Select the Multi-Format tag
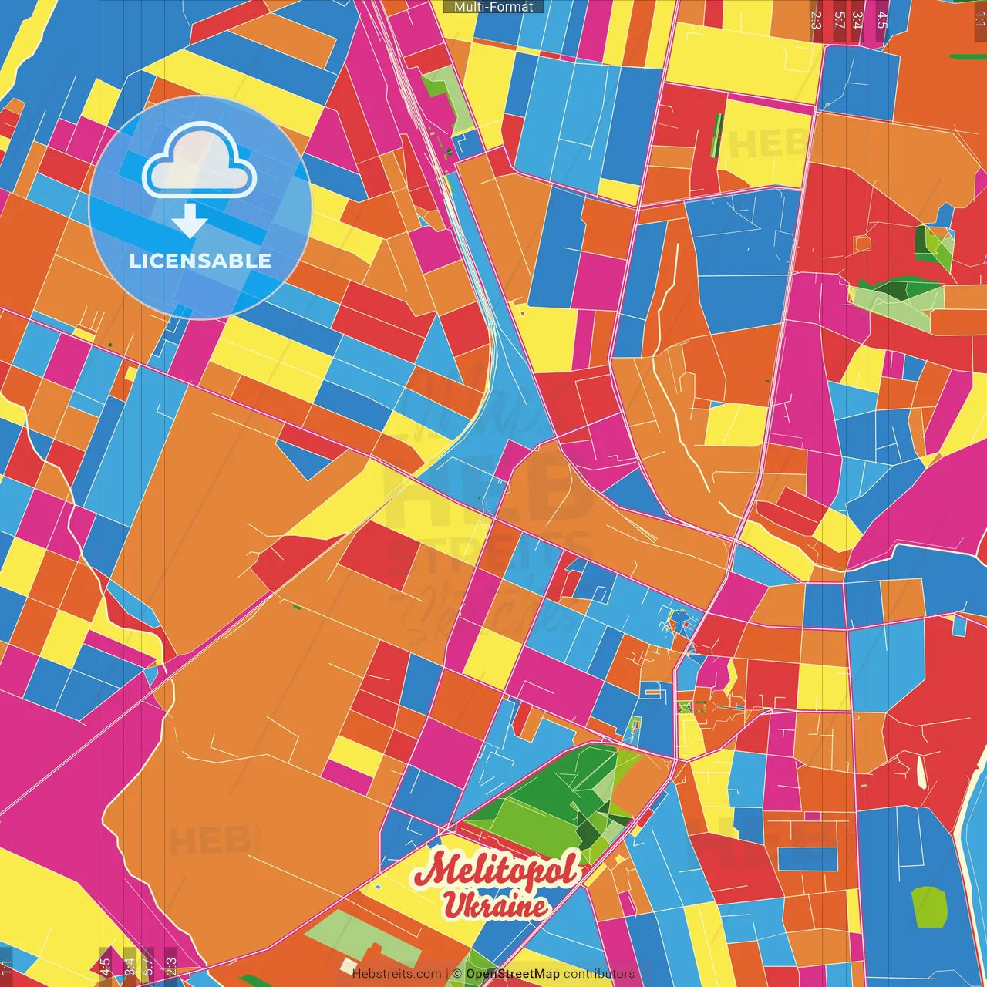[x=493, y=7]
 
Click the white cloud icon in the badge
[x=200, y=161]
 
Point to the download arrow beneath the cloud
[x=190, y=221]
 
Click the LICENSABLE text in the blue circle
[x=200, y=261]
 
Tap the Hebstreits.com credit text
[x=396, y=974]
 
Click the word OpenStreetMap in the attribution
[x=513, y=974]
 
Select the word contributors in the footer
[x=599, y=974]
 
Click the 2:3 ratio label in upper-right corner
[x=816, y=19]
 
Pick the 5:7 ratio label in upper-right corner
[x=839, y=19]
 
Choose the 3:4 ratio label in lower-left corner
[x=129, y=965]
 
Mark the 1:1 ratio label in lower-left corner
[x=7, y=965]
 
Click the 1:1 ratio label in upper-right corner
[x=979, y=19]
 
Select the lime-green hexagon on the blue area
[x=928, y=908]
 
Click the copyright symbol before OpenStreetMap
[x=457, y=974]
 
